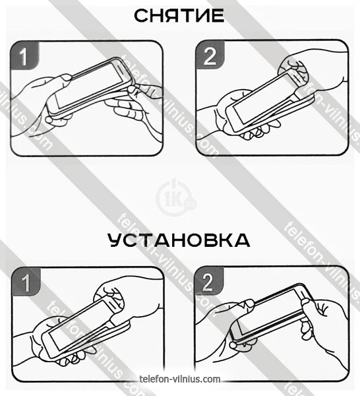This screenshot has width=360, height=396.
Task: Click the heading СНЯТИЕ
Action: pyautogui.click(x=179, y=16)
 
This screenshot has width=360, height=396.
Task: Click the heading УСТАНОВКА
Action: pyautogui.click(x=179, y=240)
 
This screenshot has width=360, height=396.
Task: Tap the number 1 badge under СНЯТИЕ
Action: pyautogui.click(x=24, y=55)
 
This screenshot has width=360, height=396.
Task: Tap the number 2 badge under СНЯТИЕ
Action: pyautogui.click(x=210, y=55)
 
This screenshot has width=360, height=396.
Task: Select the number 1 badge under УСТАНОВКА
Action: pyautogui.click(x=26, y=281)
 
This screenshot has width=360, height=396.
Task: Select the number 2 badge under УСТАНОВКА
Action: pyautogui.click(x=208, y=281)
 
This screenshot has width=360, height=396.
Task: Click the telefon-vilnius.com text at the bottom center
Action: pyautogui.click(x=179, y=379)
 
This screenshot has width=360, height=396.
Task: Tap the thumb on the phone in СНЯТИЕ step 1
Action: pyautogui.click(x=65, y=78)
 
